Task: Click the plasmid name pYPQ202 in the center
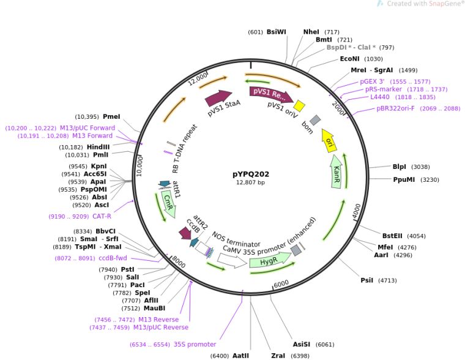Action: (x=251, y=174)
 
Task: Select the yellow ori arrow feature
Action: (x=329, y=141)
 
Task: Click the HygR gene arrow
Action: (x=268, y=262)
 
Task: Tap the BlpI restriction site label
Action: (x=399, y=167)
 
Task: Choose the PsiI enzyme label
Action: (x=366, y=280)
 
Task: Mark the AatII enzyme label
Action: (x=240, y=355)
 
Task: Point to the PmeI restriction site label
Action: (x=111, y=116)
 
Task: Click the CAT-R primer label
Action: (x=102, y=216)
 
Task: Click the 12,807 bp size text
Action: (x=251, y=182)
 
